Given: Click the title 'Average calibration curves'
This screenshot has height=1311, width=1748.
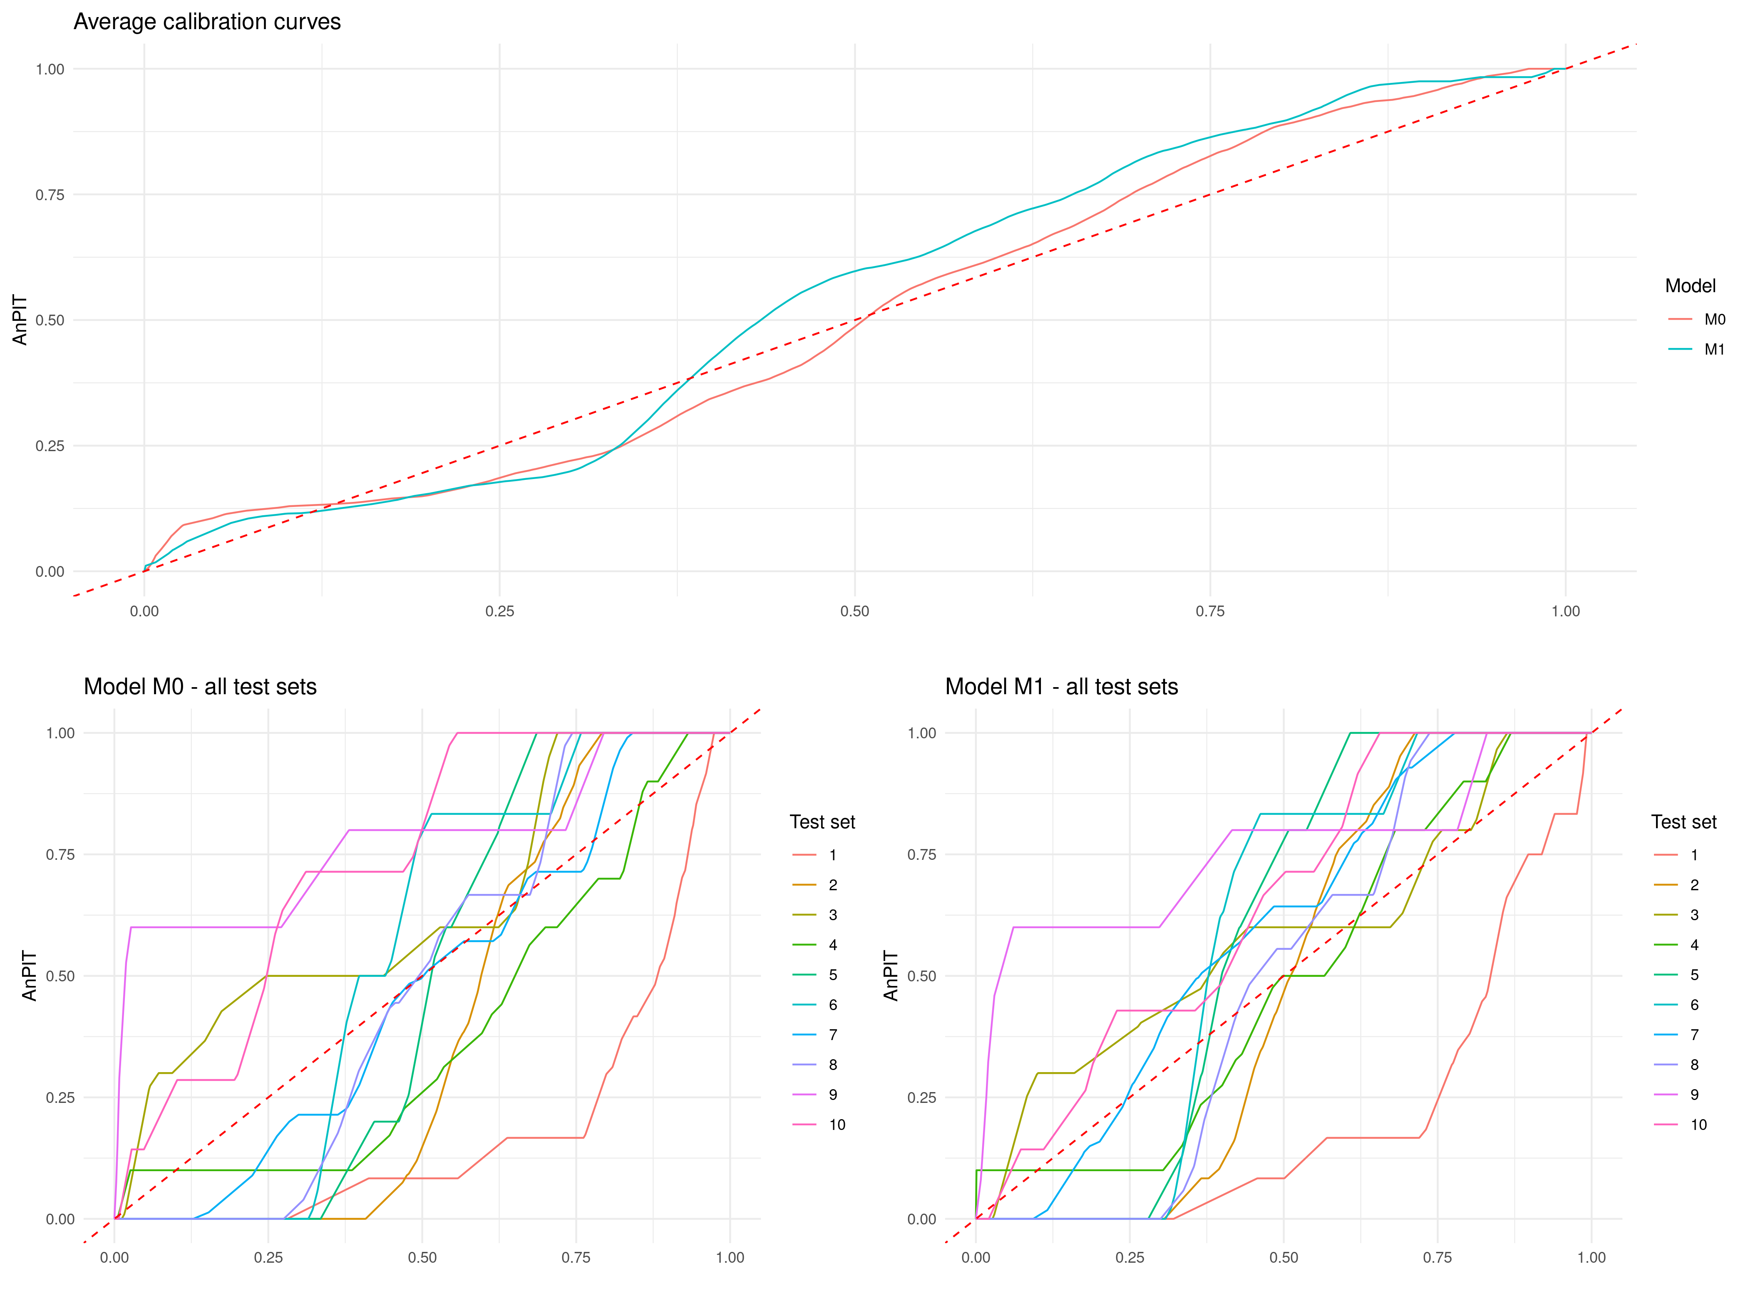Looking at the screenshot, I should [207, 22].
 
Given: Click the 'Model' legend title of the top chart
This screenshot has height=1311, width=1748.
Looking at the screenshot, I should [1690, 286].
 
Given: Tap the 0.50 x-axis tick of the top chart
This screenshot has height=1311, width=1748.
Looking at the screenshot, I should [854, 611].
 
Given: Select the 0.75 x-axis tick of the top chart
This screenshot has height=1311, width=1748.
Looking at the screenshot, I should [1210, 611].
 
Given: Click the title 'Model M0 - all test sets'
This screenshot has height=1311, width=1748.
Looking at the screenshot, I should [200, 687].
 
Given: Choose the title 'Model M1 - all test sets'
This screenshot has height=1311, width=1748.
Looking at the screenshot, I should [1061, 687].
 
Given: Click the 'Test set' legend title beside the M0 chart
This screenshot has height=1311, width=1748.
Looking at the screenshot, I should [822, 822].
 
